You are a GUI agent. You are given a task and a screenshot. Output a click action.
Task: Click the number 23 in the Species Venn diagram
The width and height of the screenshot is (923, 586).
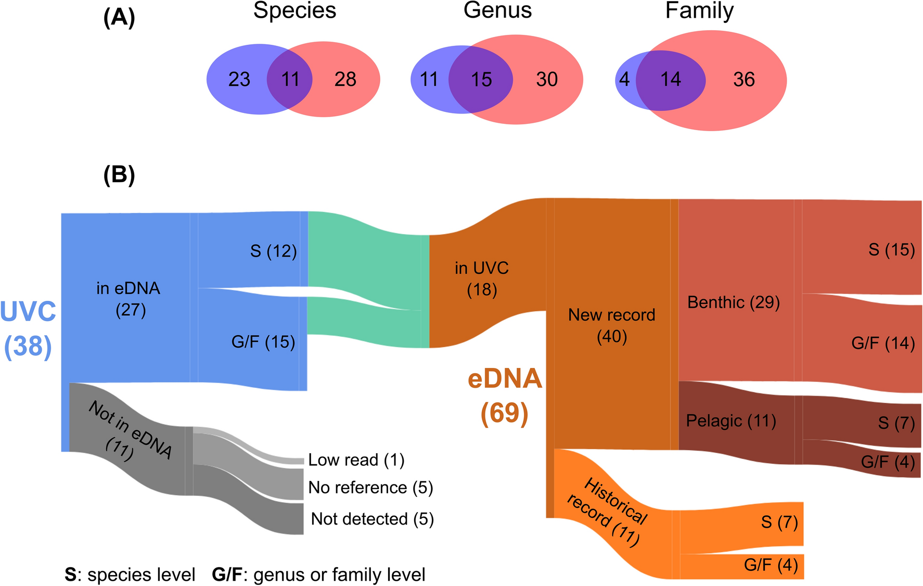click(x=239, y=80)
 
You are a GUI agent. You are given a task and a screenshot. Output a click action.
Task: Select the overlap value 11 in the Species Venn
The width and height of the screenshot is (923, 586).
click(x=290, y=80)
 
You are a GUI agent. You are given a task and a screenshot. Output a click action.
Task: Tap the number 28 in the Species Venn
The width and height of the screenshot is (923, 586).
click(x=345, y=80)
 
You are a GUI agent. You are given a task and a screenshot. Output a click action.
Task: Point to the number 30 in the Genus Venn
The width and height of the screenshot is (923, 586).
click(x=547, y=80)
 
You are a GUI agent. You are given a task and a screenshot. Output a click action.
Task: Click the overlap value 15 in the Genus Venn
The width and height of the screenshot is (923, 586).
click(x=481, y=80)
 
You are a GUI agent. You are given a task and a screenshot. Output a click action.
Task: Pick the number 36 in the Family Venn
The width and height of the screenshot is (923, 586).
click(x=743, y=80)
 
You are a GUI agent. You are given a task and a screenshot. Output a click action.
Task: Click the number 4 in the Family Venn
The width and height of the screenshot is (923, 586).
click(x=624, y=80)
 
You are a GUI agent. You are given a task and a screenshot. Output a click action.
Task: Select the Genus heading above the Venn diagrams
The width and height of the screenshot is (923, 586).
click(x=497, y=11)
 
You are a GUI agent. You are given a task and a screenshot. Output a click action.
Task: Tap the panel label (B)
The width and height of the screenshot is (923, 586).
click(x=119, y=175)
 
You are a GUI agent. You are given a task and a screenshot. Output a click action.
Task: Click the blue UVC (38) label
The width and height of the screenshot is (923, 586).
click(x=28, y=329)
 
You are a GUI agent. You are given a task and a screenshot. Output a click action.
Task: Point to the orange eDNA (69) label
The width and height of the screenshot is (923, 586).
click(x=505, y=396)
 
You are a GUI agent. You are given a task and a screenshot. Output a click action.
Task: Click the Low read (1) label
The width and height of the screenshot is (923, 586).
click(x=356, y=460)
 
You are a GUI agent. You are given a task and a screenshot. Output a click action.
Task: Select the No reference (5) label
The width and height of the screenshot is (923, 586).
click(x=370, y=488)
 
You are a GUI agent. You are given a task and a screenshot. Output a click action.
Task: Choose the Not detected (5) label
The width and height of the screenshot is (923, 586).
click(x=373, y=519)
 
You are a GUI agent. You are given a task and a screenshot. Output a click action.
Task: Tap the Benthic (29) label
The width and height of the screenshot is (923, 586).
click(x=734, y=302)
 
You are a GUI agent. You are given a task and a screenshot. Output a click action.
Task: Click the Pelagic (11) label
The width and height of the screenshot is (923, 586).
click(x=731, y=421)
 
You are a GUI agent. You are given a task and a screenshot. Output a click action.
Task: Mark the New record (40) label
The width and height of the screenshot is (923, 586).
click(x=612, y=325)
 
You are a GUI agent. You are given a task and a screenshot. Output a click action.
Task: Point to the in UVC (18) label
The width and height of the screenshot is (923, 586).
click(x=482, y=278)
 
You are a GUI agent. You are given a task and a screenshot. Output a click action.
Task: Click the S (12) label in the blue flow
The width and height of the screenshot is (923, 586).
click(x=273, y=251)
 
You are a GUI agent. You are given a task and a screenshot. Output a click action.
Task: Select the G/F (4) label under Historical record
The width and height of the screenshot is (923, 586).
click(x=771, y=565)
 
